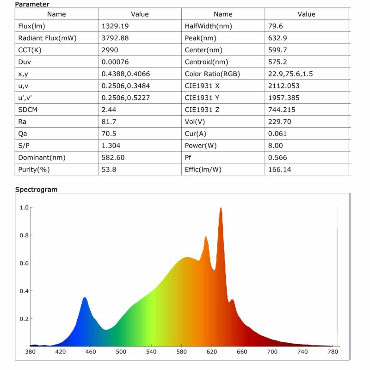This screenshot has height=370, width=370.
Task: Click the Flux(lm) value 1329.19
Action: click(113, 26)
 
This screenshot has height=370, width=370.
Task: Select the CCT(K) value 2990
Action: click(109, 50)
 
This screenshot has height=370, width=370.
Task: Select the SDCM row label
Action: click(27, 110)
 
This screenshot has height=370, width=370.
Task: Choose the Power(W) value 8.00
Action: click(276, 146)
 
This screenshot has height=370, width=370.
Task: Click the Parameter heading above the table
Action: click(32, 4)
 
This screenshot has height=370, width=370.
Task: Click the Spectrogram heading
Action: click(36, 190)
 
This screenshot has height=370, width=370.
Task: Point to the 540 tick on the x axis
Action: click(152, 352)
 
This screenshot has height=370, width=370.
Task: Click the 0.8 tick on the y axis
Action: click(24, 235)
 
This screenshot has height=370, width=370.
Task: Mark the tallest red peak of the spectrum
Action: click(221, 209)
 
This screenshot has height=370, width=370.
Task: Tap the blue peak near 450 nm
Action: click(85, 299)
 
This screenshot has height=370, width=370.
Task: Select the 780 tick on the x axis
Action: click(333, 352)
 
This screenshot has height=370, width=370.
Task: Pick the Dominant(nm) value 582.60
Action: click(113, 157)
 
